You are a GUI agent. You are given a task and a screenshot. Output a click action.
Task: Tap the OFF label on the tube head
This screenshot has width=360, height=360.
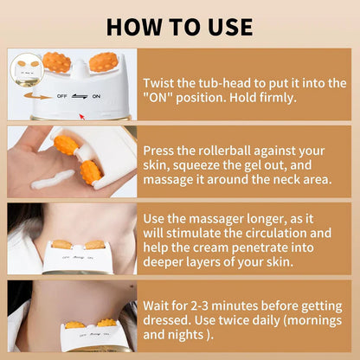click(x=62, y=96)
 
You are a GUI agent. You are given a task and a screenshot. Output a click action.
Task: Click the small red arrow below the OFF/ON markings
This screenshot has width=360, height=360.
click(x=83, y=113)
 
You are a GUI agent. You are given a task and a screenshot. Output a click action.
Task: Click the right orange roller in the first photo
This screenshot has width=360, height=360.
click(x=103, y=62)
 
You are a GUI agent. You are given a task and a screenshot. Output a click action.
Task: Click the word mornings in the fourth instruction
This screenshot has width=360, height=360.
click(x=311, y=320)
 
